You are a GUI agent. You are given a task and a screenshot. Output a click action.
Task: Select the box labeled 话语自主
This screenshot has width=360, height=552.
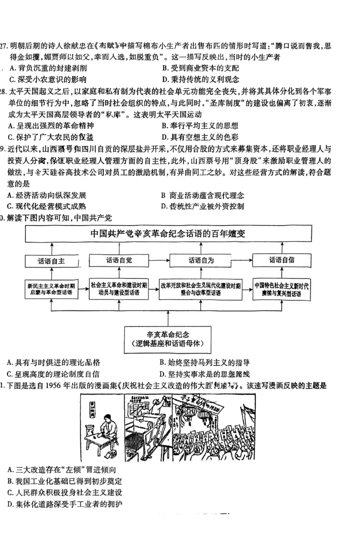[x=52, y=260]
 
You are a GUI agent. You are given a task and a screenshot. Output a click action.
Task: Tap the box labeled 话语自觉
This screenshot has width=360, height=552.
[x=119, y=260]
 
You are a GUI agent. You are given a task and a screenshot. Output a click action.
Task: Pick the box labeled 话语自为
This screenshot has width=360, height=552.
[x=201, y=260]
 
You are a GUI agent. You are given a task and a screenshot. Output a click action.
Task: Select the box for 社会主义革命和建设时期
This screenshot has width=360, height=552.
[x=119, y=288]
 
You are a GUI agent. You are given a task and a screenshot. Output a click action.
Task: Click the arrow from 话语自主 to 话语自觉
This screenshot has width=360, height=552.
[x=82, y=260]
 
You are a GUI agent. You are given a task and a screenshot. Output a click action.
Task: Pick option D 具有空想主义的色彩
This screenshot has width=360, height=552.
[x=200, y=137]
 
